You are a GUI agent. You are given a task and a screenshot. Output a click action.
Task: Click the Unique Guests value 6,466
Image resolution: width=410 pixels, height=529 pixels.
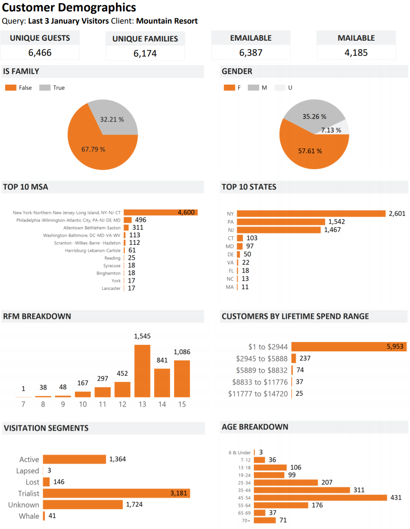[40, 53]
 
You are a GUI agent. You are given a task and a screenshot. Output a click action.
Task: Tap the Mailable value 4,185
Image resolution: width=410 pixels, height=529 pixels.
[356, 53]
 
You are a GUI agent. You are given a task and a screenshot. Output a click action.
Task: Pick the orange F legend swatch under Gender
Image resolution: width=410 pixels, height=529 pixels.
[229, 88]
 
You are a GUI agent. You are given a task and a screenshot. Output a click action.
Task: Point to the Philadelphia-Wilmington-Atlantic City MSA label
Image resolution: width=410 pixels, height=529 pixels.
[68, 220]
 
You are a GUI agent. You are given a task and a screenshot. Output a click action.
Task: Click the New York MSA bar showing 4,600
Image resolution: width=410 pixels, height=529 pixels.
[160, 212]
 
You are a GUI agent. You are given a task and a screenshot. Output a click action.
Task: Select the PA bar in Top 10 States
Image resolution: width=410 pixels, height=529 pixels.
[281, 222]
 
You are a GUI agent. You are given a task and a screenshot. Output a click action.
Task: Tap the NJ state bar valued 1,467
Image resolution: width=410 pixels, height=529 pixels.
[279, 230]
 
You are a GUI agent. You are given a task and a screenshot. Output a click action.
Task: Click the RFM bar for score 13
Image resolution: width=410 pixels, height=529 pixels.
[142, 371]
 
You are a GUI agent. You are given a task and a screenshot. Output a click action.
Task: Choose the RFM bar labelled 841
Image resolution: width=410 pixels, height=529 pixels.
[162, 383]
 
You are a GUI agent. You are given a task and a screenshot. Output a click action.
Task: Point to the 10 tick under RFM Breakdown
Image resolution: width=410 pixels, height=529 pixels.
[83, 404]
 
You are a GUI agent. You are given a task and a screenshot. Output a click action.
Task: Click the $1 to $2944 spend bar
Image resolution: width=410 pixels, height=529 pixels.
[349, 346]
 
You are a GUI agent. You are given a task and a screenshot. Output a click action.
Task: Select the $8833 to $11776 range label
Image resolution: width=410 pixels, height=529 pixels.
[260, 382]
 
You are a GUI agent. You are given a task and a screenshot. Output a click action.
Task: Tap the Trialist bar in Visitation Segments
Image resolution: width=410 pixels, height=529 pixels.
[116, 493]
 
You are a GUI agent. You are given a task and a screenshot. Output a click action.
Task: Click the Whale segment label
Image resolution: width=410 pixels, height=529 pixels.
[29, 516]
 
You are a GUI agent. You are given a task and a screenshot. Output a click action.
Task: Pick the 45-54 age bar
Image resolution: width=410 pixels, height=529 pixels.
[320, 498]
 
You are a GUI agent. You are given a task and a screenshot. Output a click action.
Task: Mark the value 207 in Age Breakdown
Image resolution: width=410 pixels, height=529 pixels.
[327, 483]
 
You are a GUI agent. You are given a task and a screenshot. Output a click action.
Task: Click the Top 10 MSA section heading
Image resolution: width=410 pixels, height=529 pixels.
[26, 187]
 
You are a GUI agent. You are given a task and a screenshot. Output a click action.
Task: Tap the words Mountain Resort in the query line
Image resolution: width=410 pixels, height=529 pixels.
[167, 21]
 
